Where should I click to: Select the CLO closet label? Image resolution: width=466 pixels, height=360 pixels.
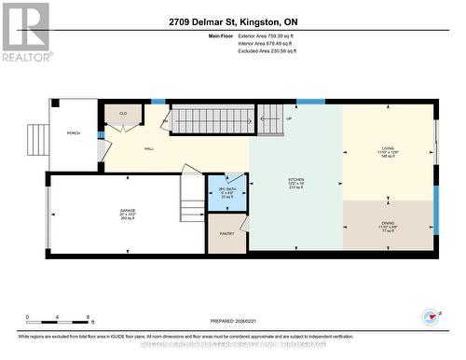[123, 113]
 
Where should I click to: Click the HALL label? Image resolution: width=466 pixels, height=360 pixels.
[148, 149]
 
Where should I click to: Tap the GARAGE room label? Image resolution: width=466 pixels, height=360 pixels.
[128, 213]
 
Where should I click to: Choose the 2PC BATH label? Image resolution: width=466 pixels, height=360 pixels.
[225, 191]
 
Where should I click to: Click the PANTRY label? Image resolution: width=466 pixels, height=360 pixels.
[226, 233]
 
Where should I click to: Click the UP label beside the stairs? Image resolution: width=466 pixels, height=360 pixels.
[289, 119]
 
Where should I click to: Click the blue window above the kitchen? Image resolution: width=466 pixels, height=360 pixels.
[309, 101]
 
